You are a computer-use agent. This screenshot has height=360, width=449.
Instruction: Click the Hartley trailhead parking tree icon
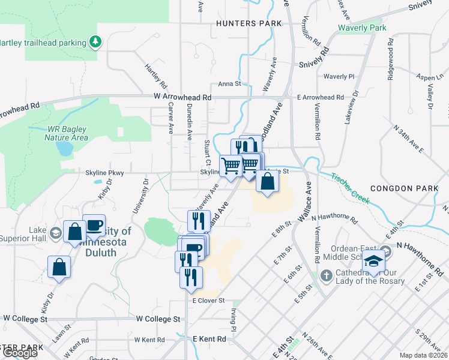pos(95,41)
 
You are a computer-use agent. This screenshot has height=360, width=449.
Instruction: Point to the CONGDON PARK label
pos(400,188)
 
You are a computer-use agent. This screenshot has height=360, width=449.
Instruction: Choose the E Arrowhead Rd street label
pos(320,97)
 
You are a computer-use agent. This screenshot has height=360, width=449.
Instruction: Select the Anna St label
pos(229,84)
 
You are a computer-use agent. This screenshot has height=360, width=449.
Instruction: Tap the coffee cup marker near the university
pos(94,224)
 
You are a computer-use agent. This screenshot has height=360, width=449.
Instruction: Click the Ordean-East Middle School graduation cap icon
pos(375,260)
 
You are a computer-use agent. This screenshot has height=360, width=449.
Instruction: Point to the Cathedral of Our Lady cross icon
pos(326,277)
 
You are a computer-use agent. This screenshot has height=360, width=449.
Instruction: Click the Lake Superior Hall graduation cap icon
pos(55,233)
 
